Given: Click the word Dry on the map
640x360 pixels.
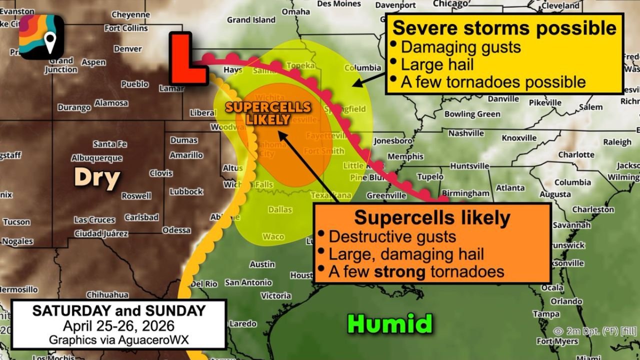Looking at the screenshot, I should [97, 177].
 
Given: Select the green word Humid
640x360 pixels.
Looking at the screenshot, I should [390, 323].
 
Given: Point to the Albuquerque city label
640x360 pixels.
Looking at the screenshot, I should [96, 158].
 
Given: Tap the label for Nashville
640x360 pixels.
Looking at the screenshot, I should [466, 133].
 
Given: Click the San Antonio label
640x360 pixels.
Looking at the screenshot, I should [248, 282].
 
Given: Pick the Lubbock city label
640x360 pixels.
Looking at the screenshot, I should [186, 191].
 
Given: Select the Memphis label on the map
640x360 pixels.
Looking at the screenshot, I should [398, 156].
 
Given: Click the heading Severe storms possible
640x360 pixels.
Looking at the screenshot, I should [504, 28].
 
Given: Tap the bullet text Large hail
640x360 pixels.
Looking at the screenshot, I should [437, 64].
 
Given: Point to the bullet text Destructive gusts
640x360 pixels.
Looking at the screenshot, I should [392, 236].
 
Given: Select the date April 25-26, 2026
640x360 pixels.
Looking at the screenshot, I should [118, 326].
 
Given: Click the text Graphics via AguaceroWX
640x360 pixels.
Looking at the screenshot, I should [118, 339].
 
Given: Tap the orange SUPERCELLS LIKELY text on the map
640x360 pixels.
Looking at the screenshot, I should [268, 113].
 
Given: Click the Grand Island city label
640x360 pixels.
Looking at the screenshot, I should [251, 20].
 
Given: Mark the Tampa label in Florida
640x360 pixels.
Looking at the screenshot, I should [546, 314].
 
